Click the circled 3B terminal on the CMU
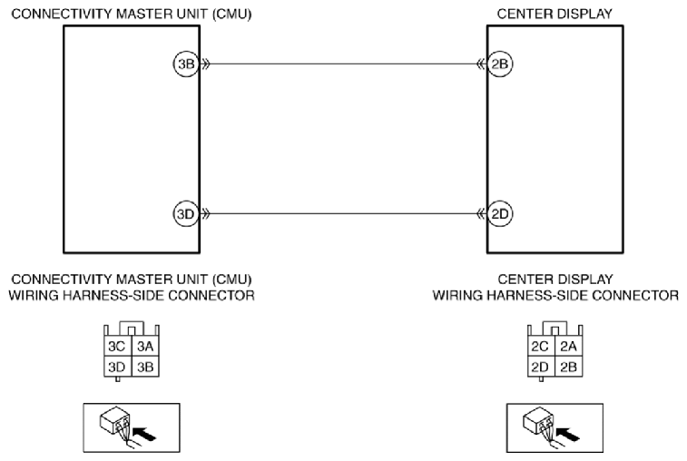click(186, 64)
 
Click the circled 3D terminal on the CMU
click(186, 214)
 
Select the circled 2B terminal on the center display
click(500, 64)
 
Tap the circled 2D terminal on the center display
click(500, 214)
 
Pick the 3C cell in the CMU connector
click(117, 346)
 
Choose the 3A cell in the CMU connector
click(145, 346)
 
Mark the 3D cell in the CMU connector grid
click(117, 367)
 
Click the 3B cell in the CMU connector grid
click(145, 367)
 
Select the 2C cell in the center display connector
click(541, 346)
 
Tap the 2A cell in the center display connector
click(569, 346)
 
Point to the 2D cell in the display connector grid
click(541, 367)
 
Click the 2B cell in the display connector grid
click(569, 367)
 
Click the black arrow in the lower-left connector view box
click(144, 435)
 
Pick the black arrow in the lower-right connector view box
click(567, 435)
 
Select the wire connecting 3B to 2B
click(343, 64)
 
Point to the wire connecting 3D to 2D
click(343, 214)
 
